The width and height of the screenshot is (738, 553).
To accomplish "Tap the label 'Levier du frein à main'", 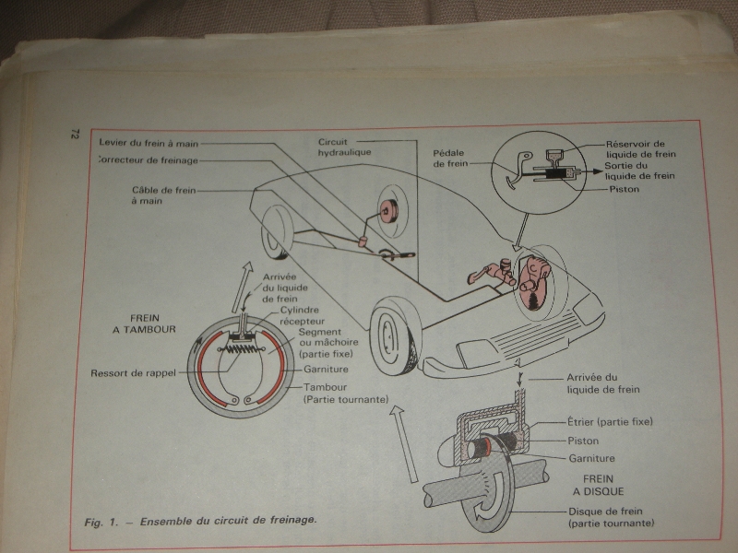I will pyautogui.click(x=147, y=144).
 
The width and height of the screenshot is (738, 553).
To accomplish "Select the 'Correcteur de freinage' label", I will pyautogui.click(x=147, y=159).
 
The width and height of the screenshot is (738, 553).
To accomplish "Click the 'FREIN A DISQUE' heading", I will pyautogui.click(x=606, y=487).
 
